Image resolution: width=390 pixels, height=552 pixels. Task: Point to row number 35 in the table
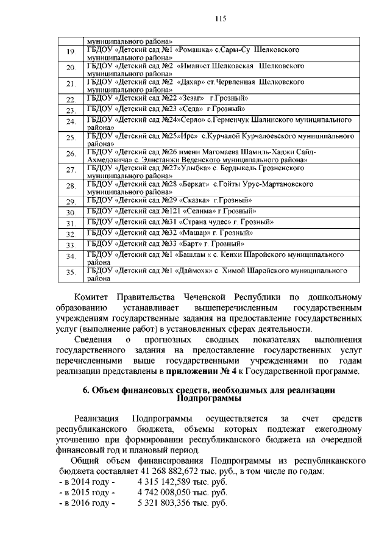(71, 273)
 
